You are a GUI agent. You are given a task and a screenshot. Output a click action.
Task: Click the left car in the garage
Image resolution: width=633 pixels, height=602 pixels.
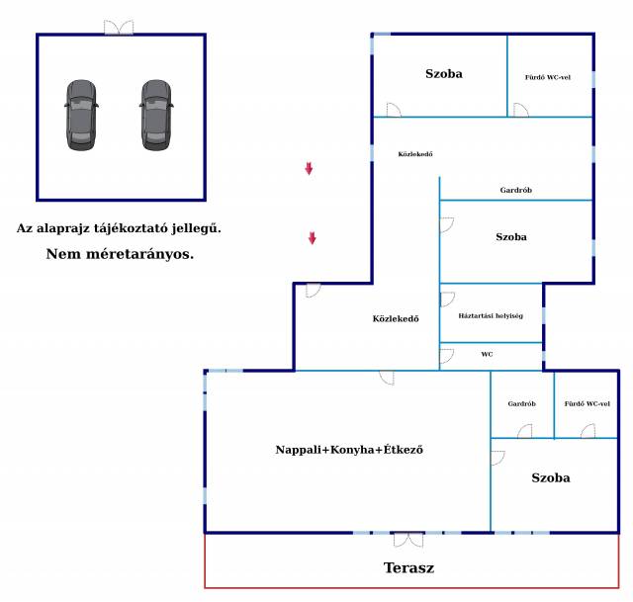[x=82, y=115]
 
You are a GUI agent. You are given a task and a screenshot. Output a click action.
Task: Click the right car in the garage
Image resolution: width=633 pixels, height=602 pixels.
[x=156, y=115]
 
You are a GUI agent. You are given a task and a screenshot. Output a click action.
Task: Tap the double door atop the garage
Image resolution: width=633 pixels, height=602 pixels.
[x=120, y=28]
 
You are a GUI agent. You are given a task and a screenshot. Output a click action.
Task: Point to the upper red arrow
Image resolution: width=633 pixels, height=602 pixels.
[x=309, y=169]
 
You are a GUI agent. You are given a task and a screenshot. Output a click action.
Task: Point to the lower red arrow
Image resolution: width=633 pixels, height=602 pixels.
[x=313, y=238]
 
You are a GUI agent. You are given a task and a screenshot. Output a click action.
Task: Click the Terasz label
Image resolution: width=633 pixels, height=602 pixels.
[x=408, y=568]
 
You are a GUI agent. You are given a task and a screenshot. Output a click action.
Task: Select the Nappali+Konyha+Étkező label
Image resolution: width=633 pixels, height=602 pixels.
[x=349, y=450]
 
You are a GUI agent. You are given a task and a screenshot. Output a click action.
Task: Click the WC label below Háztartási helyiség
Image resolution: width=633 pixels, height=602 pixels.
[x=487, y=354]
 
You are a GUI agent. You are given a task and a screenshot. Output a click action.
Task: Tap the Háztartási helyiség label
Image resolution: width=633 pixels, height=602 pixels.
[x=491, y=316]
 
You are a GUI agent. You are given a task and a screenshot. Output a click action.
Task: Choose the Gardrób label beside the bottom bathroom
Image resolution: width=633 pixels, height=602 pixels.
[x=521, y=403]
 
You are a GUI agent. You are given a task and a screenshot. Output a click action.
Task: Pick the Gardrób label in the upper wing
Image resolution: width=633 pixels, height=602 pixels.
[x=516, y=190]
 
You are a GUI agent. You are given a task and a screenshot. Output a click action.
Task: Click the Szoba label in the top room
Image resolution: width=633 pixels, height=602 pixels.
[x=444, y=73]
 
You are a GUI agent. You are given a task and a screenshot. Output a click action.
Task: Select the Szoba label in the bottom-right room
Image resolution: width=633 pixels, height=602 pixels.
[x=551, y=477]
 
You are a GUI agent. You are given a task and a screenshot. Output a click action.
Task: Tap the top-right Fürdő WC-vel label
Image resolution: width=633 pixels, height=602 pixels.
[x=547, y=76]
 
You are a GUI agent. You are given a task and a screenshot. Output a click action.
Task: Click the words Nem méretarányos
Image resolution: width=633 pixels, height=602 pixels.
[x=120, y=254]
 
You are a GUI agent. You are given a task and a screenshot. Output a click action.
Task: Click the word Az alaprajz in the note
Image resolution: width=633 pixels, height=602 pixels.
[x=49, y=228]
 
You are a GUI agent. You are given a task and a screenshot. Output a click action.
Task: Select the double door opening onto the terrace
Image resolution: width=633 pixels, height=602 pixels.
[x=407, y=539]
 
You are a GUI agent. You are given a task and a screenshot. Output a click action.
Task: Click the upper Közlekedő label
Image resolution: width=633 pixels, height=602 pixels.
[x=414, y=154]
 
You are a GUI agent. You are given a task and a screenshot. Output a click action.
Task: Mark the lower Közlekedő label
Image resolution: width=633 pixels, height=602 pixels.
[x=396, y=318]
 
